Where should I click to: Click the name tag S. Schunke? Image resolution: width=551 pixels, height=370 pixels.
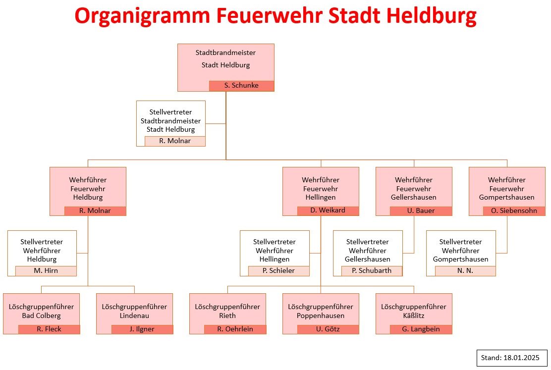pyautogui.click(x=241, y=86)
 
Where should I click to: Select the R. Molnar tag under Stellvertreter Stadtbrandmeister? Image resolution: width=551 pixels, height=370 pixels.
pyautogui.click(x=175, y=141)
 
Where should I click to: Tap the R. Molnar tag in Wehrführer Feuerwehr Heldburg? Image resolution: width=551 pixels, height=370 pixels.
pyautogui.click(x=95, y=211)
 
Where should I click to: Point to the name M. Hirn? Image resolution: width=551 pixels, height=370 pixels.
pyautogui.click(x=46, y=271)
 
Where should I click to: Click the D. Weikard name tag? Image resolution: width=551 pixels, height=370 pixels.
pyautogui.click(x=328, y=211)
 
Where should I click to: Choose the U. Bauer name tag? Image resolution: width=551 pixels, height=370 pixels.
pyautogui.click(x=421, y=211)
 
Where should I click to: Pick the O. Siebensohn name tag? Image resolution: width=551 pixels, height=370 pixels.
pyautogui.click(x=514, y=211)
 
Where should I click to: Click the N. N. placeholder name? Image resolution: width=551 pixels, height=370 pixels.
pyautogui.click(x=465, y=271)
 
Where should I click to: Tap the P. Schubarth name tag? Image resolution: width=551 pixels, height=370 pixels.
pyautogui.click(x=372, y=271)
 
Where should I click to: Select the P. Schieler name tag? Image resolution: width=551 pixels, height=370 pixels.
pyautogui.click(x=278, y=271)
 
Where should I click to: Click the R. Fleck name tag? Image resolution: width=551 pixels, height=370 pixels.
pyautogui.click(x=49, y=329)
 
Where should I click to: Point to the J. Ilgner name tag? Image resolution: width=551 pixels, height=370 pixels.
pyautogui.click(x=142, y=329)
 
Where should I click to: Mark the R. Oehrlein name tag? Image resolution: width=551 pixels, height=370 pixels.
pyautogui.click(x=235, y=329)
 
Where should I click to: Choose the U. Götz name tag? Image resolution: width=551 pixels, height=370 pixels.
pyautogui.click(x=328, y=329)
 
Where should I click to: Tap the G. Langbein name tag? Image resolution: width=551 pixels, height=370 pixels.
pyautogui.click(x=421, y=329)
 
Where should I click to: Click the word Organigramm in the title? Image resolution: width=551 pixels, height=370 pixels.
pyautogui.click(x=142, y=16)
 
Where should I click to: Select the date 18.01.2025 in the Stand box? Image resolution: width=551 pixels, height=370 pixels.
pyautogui.click(x=521, y=358)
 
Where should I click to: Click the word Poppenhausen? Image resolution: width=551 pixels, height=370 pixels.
pyautogui.click(x=321, y=316)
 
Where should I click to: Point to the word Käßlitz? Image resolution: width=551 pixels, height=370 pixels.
pyautogui.click(x=414, y=316)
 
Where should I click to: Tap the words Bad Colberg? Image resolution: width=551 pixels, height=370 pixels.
pyautogui.click(x=42, y=316)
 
